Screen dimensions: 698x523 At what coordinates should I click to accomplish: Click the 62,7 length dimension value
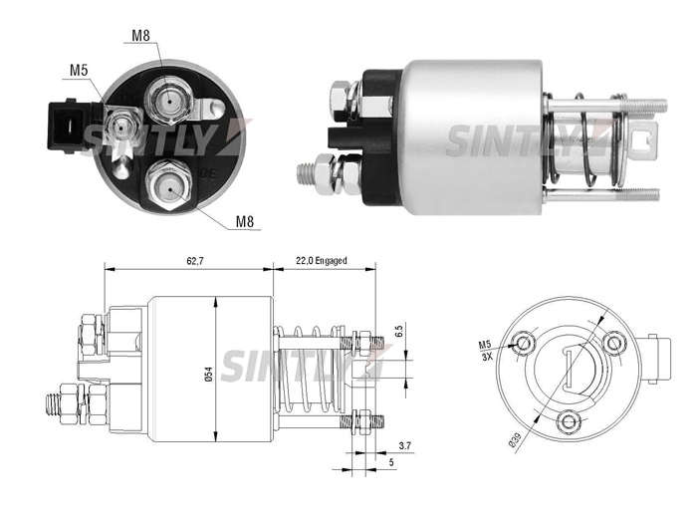click(x=195, y=261)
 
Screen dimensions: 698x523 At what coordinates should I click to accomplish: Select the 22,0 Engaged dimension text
click(x=321, y=261)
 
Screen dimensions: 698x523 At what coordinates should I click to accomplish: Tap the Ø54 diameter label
click(x=208, y=374)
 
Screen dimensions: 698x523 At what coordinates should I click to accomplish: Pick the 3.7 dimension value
click(x=405, y=445)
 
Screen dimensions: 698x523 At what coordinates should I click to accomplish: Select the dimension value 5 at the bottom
click(x=391, y=462)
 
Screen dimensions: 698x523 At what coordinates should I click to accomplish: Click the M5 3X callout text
click(x=486, y=350)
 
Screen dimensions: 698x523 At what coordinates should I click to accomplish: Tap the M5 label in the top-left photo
click(x=79, y=70)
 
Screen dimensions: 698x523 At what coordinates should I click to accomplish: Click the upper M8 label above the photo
click(x=140, y=35)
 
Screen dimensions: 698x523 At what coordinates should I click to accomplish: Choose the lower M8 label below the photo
click(x=244, y=221)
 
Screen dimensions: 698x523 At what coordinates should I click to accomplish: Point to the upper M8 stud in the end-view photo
click(x=170, y=102)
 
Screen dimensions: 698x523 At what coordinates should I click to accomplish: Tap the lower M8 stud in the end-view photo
click(x=169, y=185)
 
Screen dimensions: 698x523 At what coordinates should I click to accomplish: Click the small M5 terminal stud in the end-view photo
click(x=119, y=128)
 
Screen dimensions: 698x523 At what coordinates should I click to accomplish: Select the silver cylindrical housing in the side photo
click(x=473, y=137)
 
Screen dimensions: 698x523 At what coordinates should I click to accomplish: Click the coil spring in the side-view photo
click(x=584, y=139)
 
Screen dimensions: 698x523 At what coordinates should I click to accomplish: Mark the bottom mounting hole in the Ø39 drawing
click(x=568, y=421)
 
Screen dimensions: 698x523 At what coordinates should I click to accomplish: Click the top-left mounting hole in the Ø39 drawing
click(x=523, y=342)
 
